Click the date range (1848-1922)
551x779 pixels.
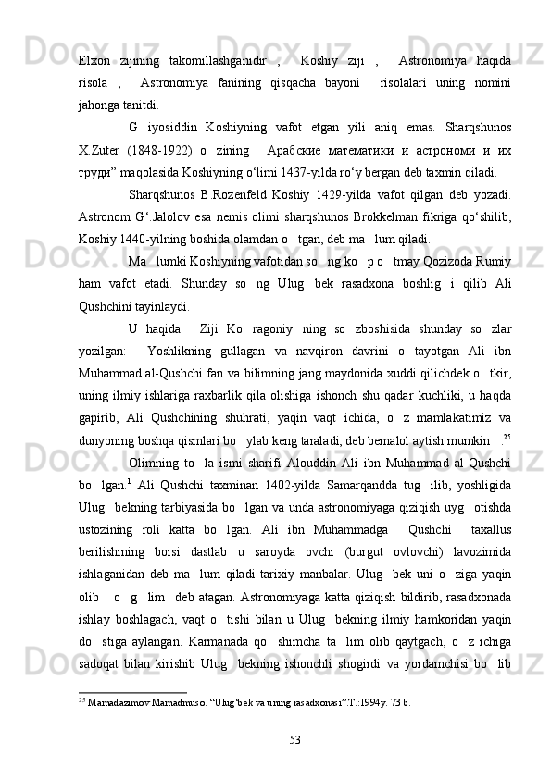coord(146,149)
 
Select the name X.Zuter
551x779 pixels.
coord(99,149)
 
